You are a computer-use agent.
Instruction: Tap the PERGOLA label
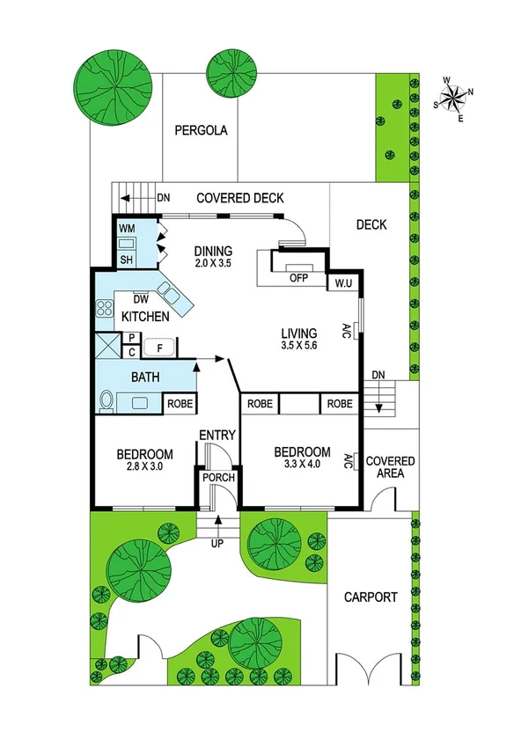[x=201, y=131]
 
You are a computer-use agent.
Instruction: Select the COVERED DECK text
[x=239, y=198]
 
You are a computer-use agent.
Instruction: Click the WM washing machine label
[x=127, y=229]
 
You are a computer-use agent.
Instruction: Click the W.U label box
[x=343, y=283]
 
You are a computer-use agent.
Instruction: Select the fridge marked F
[x=159, y=347]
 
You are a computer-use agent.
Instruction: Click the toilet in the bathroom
[x=107, y=401]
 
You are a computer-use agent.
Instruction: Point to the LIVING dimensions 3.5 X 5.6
[x=298, y=346]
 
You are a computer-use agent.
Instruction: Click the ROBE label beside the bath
[x=180, y=405]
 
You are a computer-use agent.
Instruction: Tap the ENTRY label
[x=216, y=436]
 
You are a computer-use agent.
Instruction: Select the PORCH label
[x=217, y=478]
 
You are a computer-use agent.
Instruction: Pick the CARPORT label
[x=371, y=597]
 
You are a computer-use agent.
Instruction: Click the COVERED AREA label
[x=390, y=467]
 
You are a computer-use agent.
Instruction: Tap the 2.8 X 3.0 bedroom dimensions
[x=144, y=467]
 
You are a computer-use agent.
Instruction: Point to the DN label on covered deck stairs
[x=163, y=197]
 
